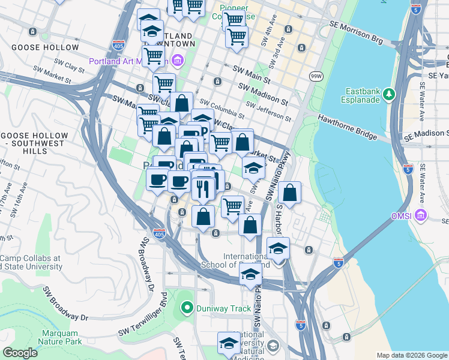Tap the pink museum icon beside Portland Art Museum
177,61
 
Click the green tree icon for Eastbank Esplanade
388,94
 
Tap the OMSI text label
400,215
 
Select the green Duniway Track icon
187,309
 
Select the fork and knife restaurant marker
203,189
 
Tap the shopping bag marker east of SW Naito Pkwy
289,193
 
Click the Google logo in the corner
20,353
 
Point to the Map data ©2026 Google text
412,355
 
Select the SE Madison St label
429,133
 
